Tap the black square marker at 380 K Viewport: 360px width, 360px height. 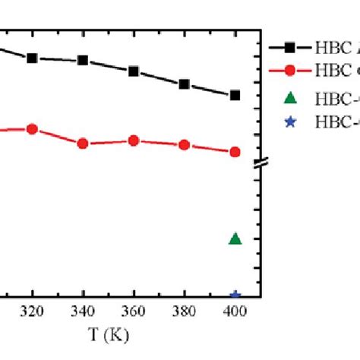[x=184, y=84]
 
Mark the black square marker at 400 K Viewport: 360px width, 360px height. [x=235, y=95]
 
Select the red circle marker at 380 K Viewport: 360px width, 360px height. [x=184, y=144]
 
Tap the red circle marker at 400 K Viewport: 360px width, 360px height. [x=235, y=152]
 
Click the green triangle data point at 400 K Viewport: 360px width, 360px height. [x=235, y=239]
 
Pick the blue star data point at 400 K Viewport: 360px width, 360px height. [x=235, y=295]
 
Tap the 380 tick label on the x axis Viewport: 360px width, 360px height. [x=184, y=311]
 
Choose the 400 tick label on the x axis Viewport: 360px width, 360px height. [x=235, y=311]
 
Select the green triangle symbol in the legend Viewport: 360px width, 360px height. [x=289, y=97]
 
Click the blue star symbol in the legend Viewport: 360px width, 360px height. [x=289, y=119]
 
